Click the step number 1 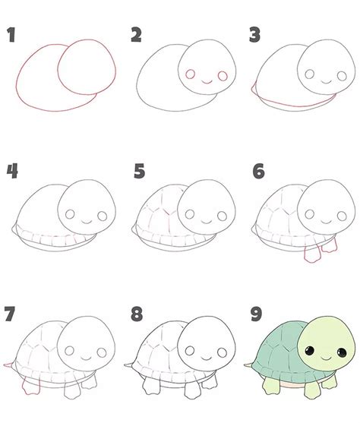click(x=11, y=34)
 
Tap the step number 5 click(x=139, y=171)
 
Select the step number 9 click(x=256, y=314)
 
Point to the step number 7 click(x=10, y=314)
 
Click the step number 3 click(x=254, y=34)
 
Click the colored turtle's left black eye click(x=310, y=350)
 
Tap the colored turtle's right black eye click(x=342, y=352)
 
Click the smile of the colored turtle click(x=326, y=358)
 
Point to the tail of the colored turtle click(x=248, y=365)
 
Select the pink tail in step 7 click(x=8, y=365)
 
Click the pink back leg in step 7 click(x=30, y=387)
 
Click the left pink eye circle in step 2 click(x=190, y=74)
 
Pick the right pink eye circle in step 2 click(x=223, y=76)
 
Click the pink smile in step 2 click(x=207, y=82)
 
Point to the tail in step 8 click(x=128, y=365)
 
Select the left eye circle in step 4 click(x=70, y=214)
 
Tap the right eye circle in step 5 click(x=222, y=216)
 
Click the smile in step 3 click(x=326, y=82)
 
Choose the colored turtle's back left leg click(x=270, y=386)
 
